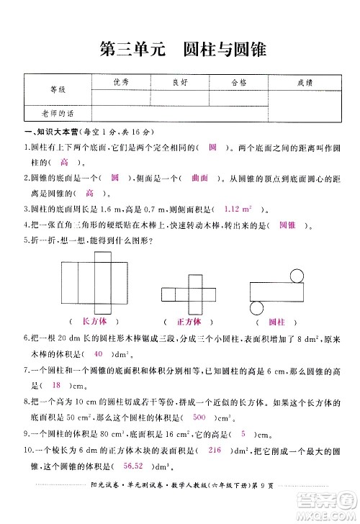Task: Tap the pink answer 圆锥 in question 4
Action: [x=287, y=225]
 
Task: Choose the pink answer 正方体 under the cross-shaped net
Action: [x=189, y=321]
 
